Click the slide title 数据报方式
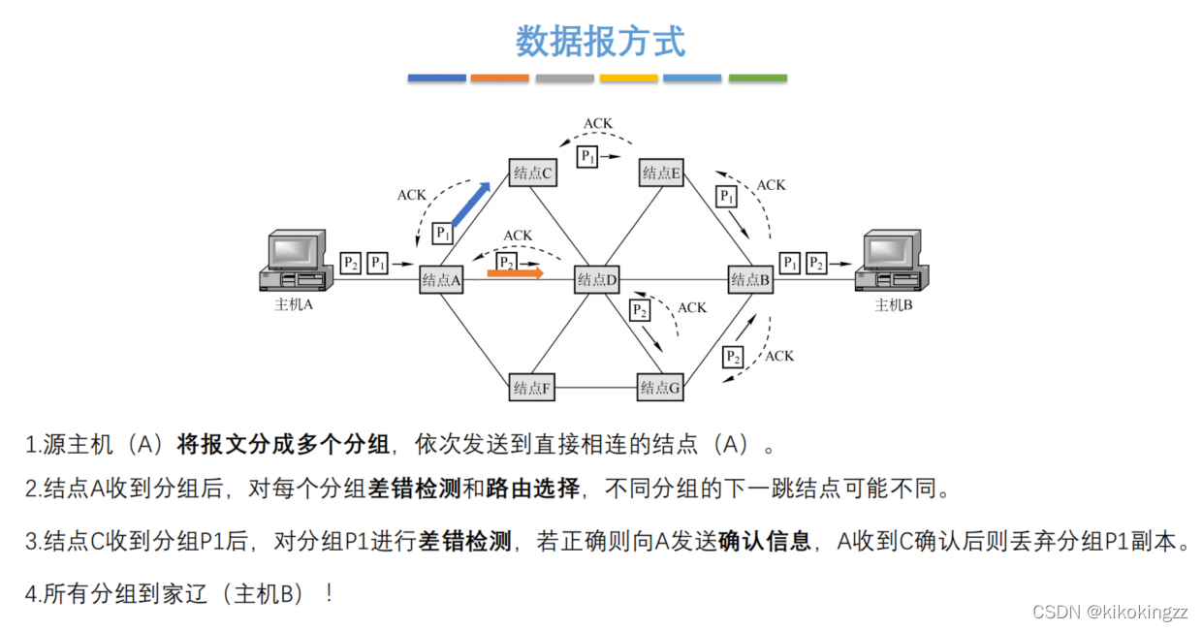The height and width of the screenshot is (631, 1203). pyautogui.click(x=600, y=42)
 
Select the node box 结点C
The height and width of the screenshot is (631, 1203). pyautogui.click(x=533, y=174)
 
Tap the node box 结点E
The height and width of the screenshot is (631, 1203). pyautogui.click(x=662, y=174)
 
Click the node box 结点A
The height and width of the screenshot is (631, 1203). pyautogui.click(x=442, y=280)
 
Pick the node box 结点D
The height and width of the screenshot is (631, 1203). pyautogui.click(x=597, y=280)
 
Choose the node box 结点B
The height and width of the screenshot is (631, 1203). pyautogui.click(x=751, y=280)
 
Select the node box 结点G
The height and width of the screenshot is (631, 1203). pyautogui.click(x=661, y=388)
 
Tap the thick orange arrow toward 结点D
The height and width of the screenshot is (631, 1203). pyautogui.click(x=515, y=273)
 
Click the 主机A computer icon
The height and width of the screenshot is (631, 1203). pyautogui.click(x=296, y=261)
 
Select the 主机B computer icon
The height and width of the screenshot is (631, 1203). pyautogui.click(x=890, y=261)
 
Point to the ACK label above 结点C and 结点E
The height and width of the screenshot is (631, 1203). pyautogui.click(x=598, y=124)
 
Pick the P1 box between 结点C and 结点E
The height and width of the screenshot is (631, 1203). pyautogui.click(x=587, y=156)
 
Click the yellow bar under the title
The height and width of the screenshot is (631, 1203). pyautogui.click(x=628, y=78)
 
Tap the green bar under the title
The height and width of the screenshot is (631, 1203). pyautogui.click(x=757, y=78)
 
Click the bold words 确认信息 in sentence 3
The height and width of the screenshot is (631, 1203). pyautogui.click(x=765, y=541)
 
